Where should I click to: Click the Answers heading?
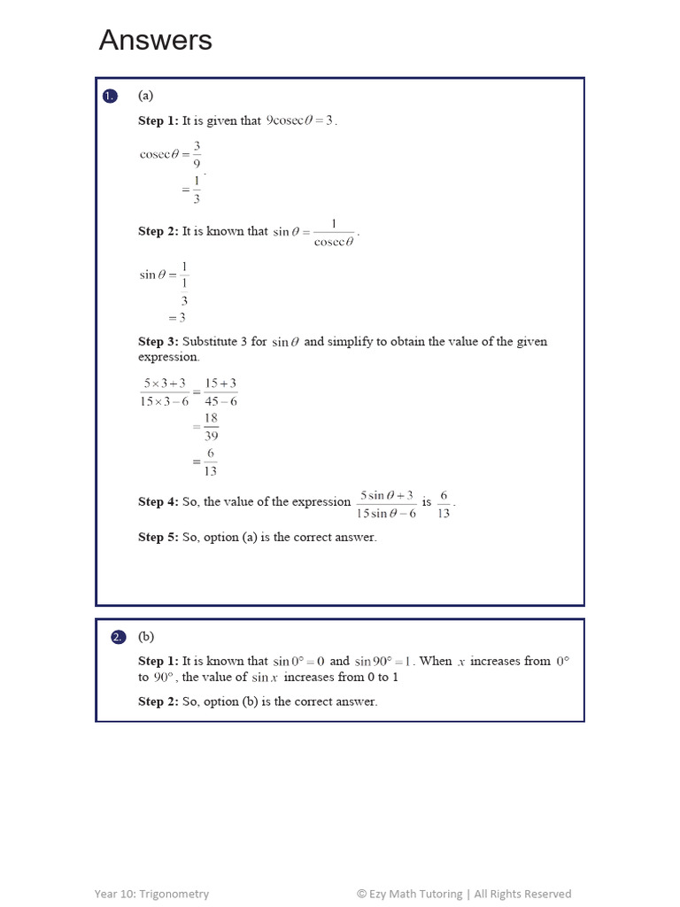coord(156,40)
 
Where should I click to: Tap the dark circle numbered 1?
coord(110,97)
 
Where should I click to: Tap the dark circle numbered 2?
coord(120,638)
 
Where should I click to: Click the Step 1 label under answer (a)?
coord(158,120)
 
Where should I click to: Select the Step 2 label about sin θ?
coord(158,231)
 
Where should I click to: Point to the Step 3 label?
coord(158,341)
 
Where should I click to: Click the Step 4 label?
coord(158,501)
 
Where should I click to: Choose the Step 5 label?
coord(158,537)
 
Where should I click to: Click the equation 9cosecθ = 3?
coord(301,120)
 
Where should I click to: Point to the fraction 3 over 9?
coord(197,154)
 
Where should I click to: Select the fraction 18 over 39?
coord(211,426)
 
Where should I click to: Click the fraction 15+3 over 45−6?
coord(220,391)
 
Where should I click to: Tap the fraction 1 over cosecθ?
coord(334,232)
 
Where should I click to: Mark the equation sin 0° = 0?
coord(298,661)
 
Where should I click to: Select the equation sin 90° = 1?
coord(382,661)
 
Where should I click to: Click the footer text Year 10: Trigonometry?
coord(152,894)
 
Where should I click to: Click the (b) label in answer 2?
coord(146,637)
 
